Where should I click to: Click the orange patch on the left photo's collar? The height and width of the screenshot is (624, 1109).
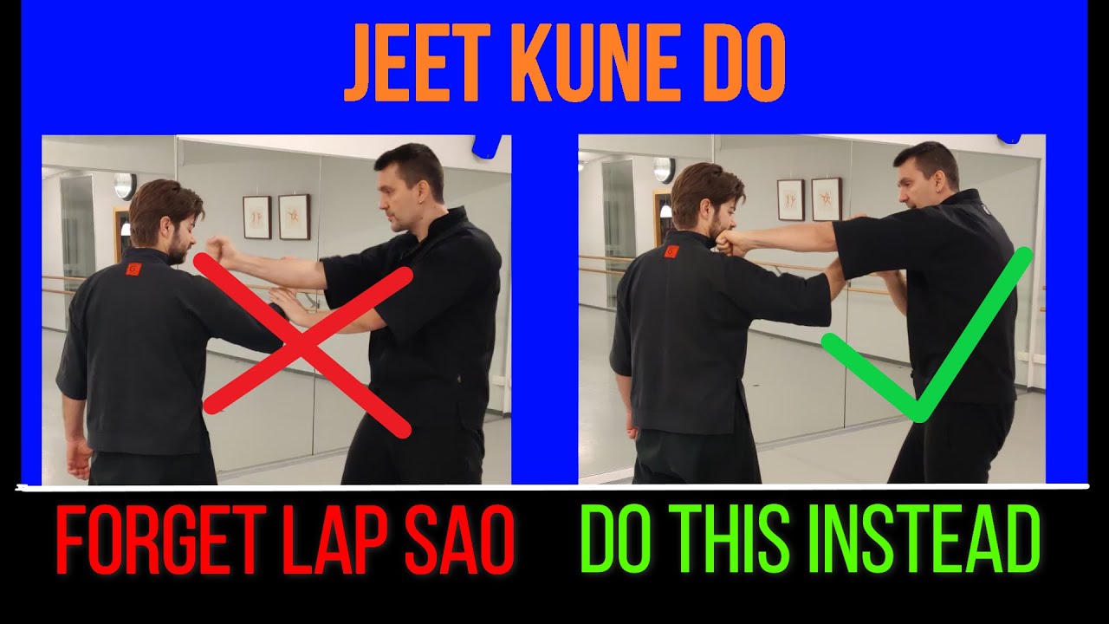[x=132, y=269]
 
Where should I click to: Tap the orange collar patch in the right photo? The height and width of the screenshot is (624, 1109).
[x=671, y=251]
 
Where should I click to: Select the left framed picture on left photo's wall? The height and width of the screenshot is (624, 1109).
[x=256, y=217]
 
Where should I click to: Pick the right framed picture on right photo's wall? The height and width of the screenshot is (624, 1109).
[x=826, y=199]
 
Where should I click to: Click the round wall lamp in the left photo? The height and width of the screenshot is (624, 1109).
[x=125, y=185]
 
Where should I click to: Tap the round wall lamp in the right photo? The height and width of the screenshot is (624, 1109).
[x=665, y=169]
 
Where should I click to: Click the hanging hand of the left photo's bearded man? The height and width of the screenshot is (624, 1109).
[x=79, y=458]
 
